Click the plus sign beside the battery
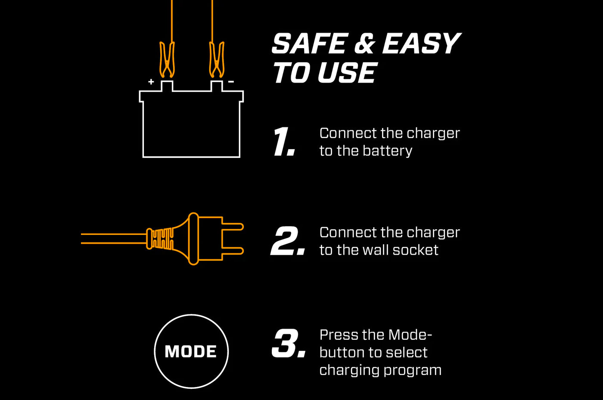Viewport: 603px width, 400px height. click(x=151, y=82)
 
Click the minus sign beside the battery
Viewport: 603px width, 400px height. click(x=231, y=82)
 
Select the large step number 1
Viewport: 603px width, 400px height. click(x=284, y=142)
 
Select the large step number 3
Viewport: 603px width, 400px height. click(x=288, y=344)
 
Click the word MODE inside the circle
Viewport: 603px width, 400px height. click(x=191, y=352)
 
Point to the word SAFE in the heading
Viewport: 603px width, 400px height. click(x=310, y=44)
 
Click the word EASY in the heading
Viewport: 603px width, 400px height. click(x=421, y=44)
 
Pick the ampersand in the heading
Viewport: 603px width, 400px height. click(x=364, y=44)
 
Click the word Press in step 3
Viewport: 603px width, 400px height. click(x=339, y=335)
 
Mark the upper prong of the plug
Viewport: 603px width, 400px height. click(x=233, y=227)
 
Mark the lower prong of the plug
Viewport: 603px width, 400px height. click(x=233, y=251)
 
